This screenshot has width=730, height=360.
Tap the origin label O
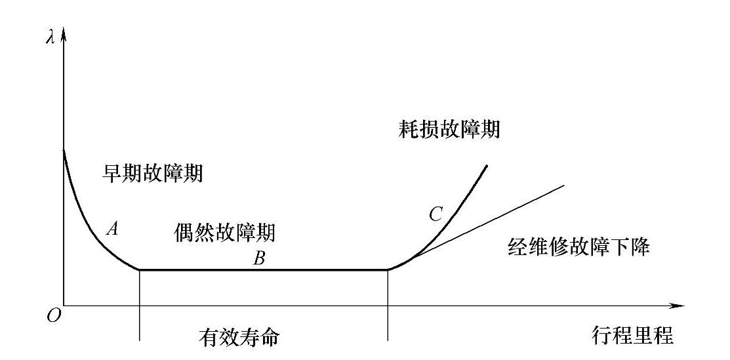pos(54,316)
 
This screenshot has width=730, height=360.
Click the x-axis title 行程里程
pos(632,336)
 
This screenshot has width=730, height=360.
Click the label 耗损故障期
pos(449,129)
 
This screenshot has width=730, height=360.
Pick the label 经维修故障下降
pos(579,247)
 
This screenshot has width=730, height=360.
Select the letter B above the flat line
pos(260,259)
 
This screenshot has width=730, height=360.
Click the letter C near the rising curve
pos(436,213)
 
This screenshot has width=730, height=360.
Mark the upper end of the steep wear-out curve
pos(487,165)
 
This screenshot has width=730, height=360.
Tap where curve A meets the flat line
pos(140,270)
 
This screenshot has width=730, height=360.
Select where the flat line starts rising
pos(388,270)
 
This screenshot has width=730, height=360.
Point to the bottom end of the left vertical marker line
pos(140,340)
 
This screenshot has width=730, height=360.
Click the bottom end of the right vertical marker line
pos(388,340)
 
